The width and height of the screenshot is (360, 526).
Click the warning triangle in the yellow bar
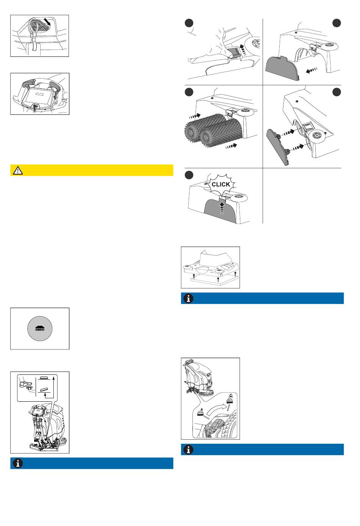18,171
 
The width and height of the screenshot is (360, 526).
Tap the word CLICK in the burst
221,185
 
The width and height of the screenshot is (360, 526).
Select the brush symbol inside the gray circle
40,329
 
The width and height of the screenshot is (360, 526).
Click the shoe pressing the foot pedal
25,384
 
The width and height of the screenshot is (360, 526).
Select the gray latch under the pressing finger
233,53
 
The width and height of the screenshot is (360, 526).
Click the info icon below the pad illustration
188,298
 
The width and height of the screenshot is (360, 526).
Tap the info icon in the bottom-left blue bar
18,463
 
